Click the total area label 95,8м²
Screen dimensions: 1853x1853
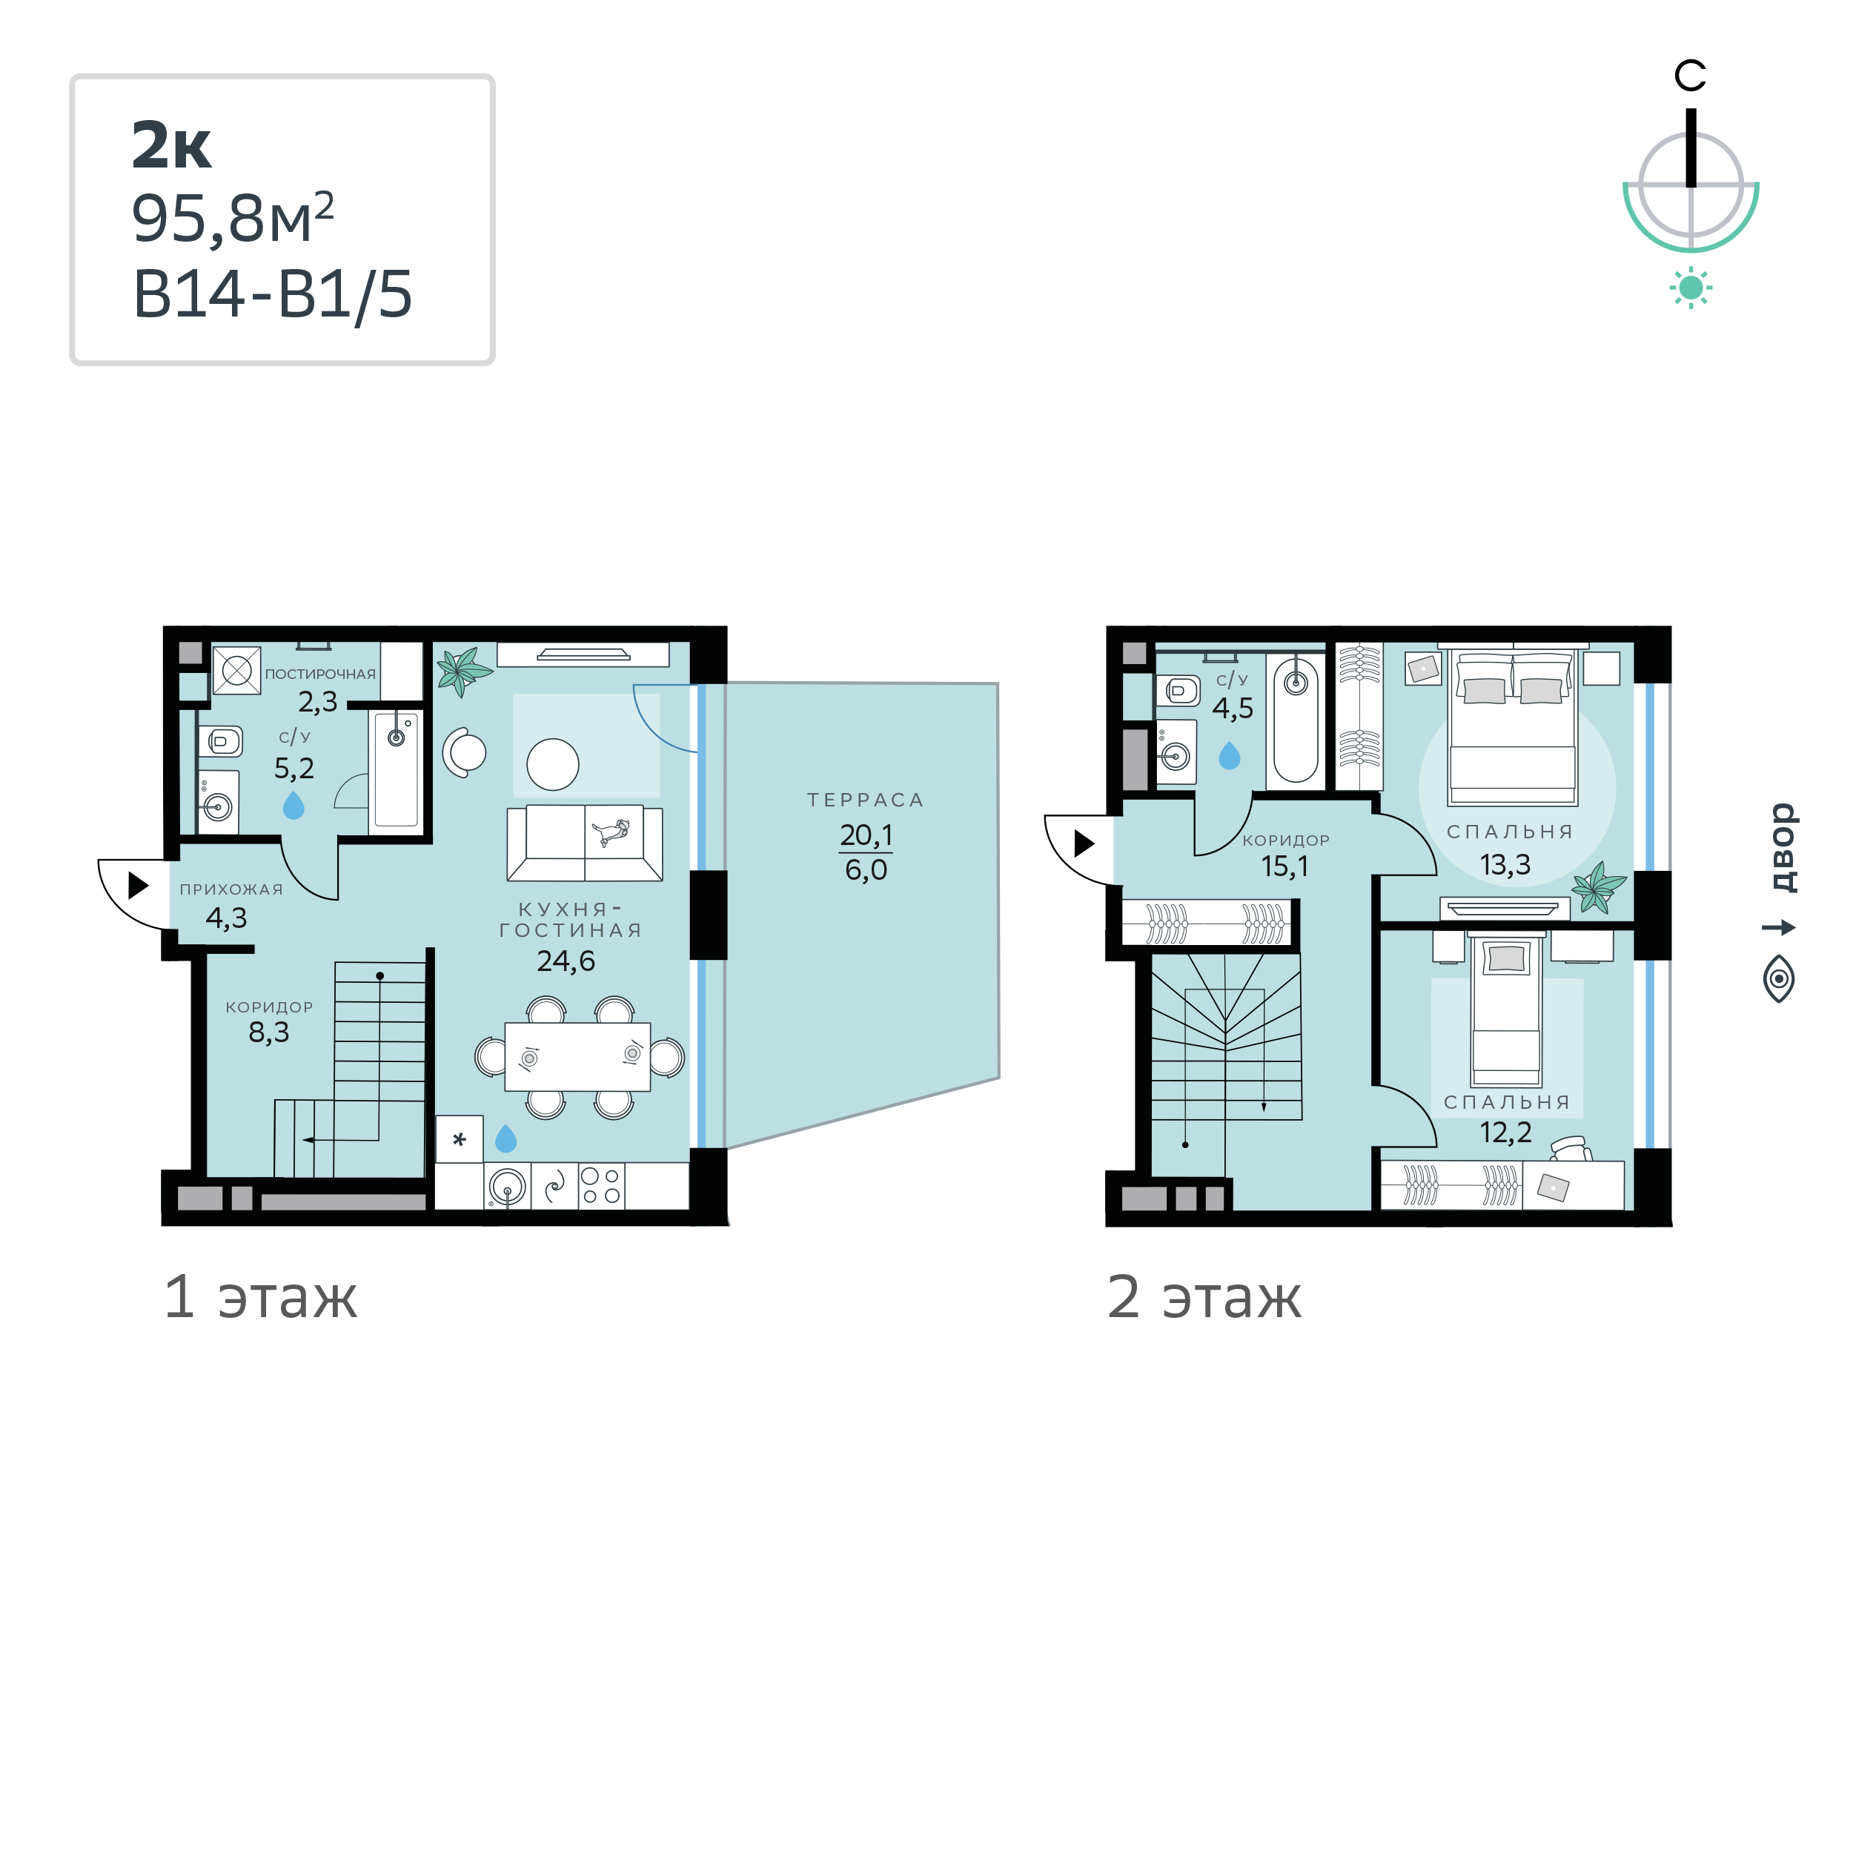click(x=233, y=219)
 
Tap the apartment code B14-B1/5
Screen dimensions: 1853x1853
click(x=272, y=294)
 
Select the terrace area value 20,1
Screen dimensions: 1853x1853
click(x=866, y=835)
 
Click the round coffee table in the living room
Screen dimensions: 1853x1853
click(x=552, y=764)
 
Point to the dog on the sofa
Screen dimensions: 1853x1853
click(x=611, y=832)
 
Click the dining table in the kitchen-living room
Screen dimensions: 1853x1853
click(x=577, y=1057)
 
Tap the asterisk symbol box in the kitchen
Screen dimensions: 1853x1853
click(x=460, y=1139)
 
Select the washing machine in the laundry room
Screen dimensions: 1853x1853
click(x=237, y=671)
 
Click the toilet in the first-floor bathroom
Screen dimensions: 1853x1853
click(x=221, y=741)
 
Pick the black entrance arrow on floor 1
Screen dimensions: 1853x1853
click(x=138, y=884)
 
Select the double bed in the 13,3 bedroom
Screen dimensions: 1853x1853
click(x=1514, y=727)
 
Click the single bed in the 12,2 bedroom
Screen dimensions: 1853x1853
click(x=1507, y=1012)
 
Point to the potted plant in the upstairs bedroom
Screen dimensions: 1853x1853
click(x=1599, y=887)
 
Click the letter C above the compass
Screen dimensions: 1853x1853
click(x=1690, y=76)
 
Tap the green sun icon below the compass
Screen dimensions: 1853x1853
click(x=1691, y=288)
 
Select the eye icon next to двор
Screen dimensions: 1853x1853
click(x=1779, y=979)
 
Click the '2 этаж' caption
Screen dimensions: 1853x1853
click(x=1204, y=1298)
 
